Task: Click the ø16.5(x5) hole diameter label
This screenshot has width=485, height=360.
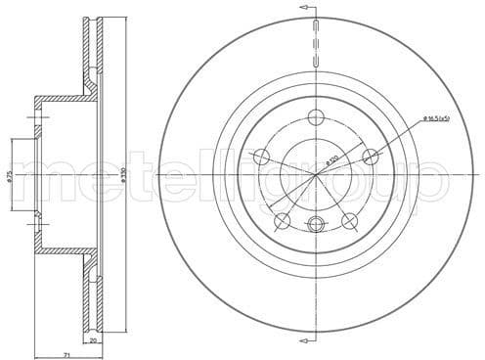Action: [x=437, y=119]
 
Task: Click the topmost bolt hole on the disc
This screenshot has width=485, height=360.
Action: [x=315, y=118]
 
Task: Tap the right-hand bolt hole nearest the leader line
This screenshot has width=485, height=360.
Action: [x=370, y=157]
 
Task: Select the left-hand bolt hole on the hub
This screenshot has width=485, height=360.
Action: [x=261, y=157]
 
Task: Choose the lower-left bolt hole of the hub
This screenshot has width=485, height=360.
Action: [x=283, y=220]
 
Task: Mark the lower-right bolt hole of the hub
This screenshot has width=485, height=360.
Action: [x=348, y=220]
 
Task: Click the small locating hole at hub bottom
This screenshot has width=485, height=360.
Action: [x=315, y=226]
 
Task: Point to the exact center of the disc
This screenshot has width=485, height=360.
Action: [x=315, y=174]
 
